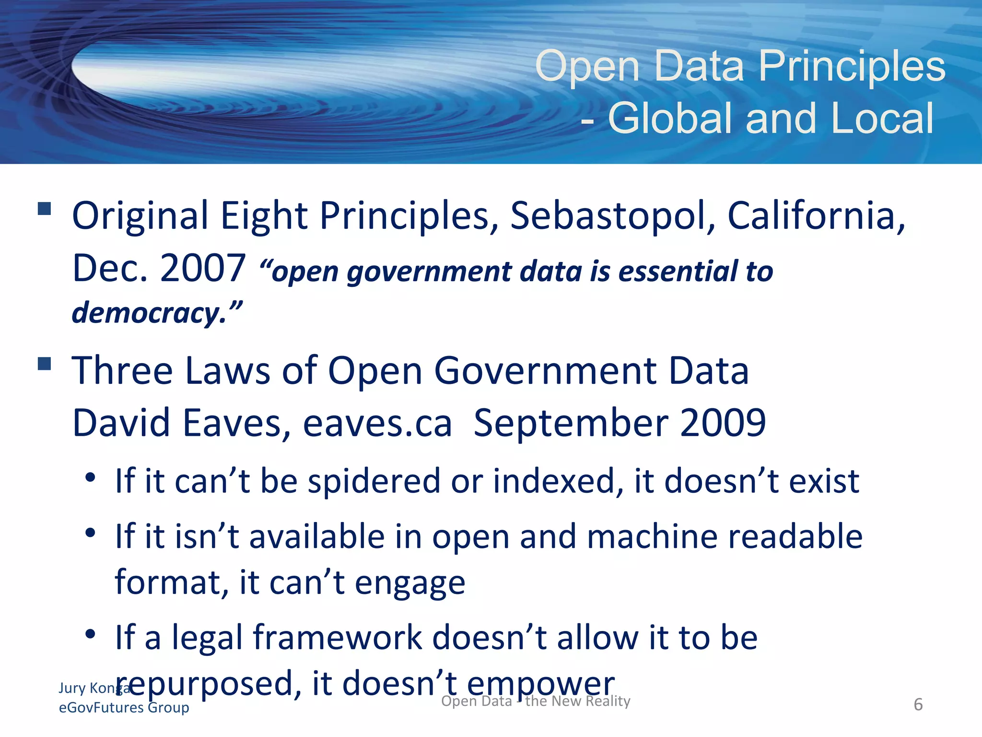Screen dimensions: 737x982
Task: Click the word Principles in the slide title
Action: pos(852,67)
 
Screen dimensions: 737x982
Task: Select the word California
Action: pos(816,216)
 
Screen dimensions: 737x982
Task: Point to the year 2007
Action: pos(203,268)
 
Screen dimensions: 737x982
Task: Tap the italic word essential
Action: pos(678,272)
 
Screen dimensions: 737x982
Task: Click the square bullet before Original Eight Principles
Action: pos(45,209)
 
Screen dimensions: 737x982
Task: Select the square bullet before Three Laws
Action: pos(45,364)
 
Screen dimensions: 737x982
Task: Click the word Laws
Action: pos(228,371)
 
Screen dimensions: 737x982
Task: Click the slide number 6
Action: pos(918,704)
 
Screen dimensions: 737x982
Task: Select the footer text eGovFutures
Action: pos(101,708)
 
